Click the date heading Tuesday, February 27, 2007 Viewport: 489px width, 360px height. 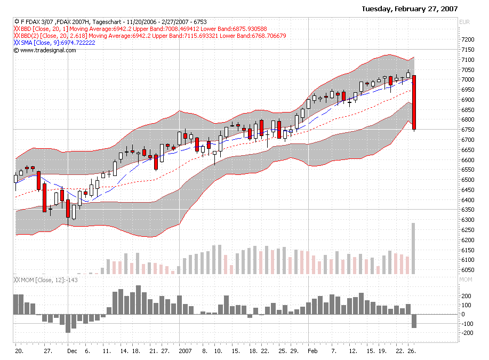click(410, 9)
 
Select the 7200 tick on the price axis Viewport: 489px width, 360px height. click(468, 39)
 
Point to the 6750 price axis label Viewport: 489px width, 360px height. click(468, 130)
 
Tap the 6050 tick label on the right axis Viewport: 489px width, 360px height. click(468, 270)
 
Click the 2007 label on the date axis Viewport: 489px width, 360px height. click(185, 352)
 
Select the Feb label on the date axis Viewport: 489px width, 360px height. click(312, 352)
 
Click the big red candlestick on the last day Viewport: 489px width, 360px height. click(414, 102)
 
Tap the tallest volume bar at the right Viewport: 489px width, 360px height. click(413, 249)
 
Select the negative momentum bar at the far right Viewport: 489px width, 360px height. click(414, 321)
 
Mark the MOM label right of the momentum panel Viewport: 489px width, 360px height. click(466, 279)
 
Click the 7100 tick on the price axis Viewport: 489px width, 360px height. click(468, 60)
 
